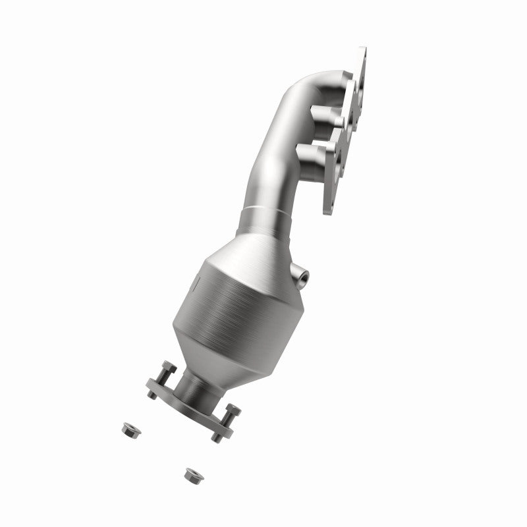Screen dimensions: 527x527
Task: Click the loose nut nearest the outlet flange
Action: [126, 429]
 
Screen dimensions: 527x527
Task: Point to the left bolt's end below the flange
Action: [150, 394]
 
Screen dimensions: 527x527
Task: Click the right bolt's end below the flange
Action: [216, 436]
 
